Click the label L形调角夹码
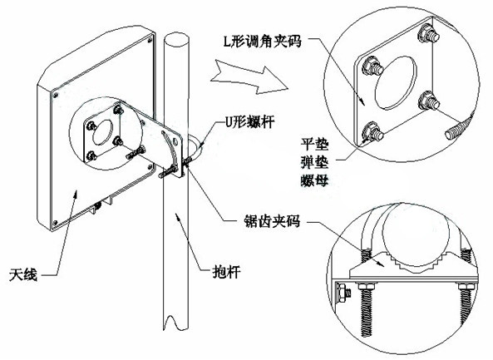263,42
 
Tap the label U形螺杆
250,121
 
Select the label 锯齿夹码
273,222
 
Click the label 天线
23,274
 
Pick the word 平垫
315,145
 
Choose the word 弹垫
315,162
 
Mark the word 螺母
315,180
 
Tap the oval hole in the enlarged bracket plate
396,82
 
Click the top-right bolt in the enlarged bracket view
428,33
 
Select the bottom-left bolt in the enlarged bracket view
373,132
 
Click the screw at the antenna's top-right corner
150,40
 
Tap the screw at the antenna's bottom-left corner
56,223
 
